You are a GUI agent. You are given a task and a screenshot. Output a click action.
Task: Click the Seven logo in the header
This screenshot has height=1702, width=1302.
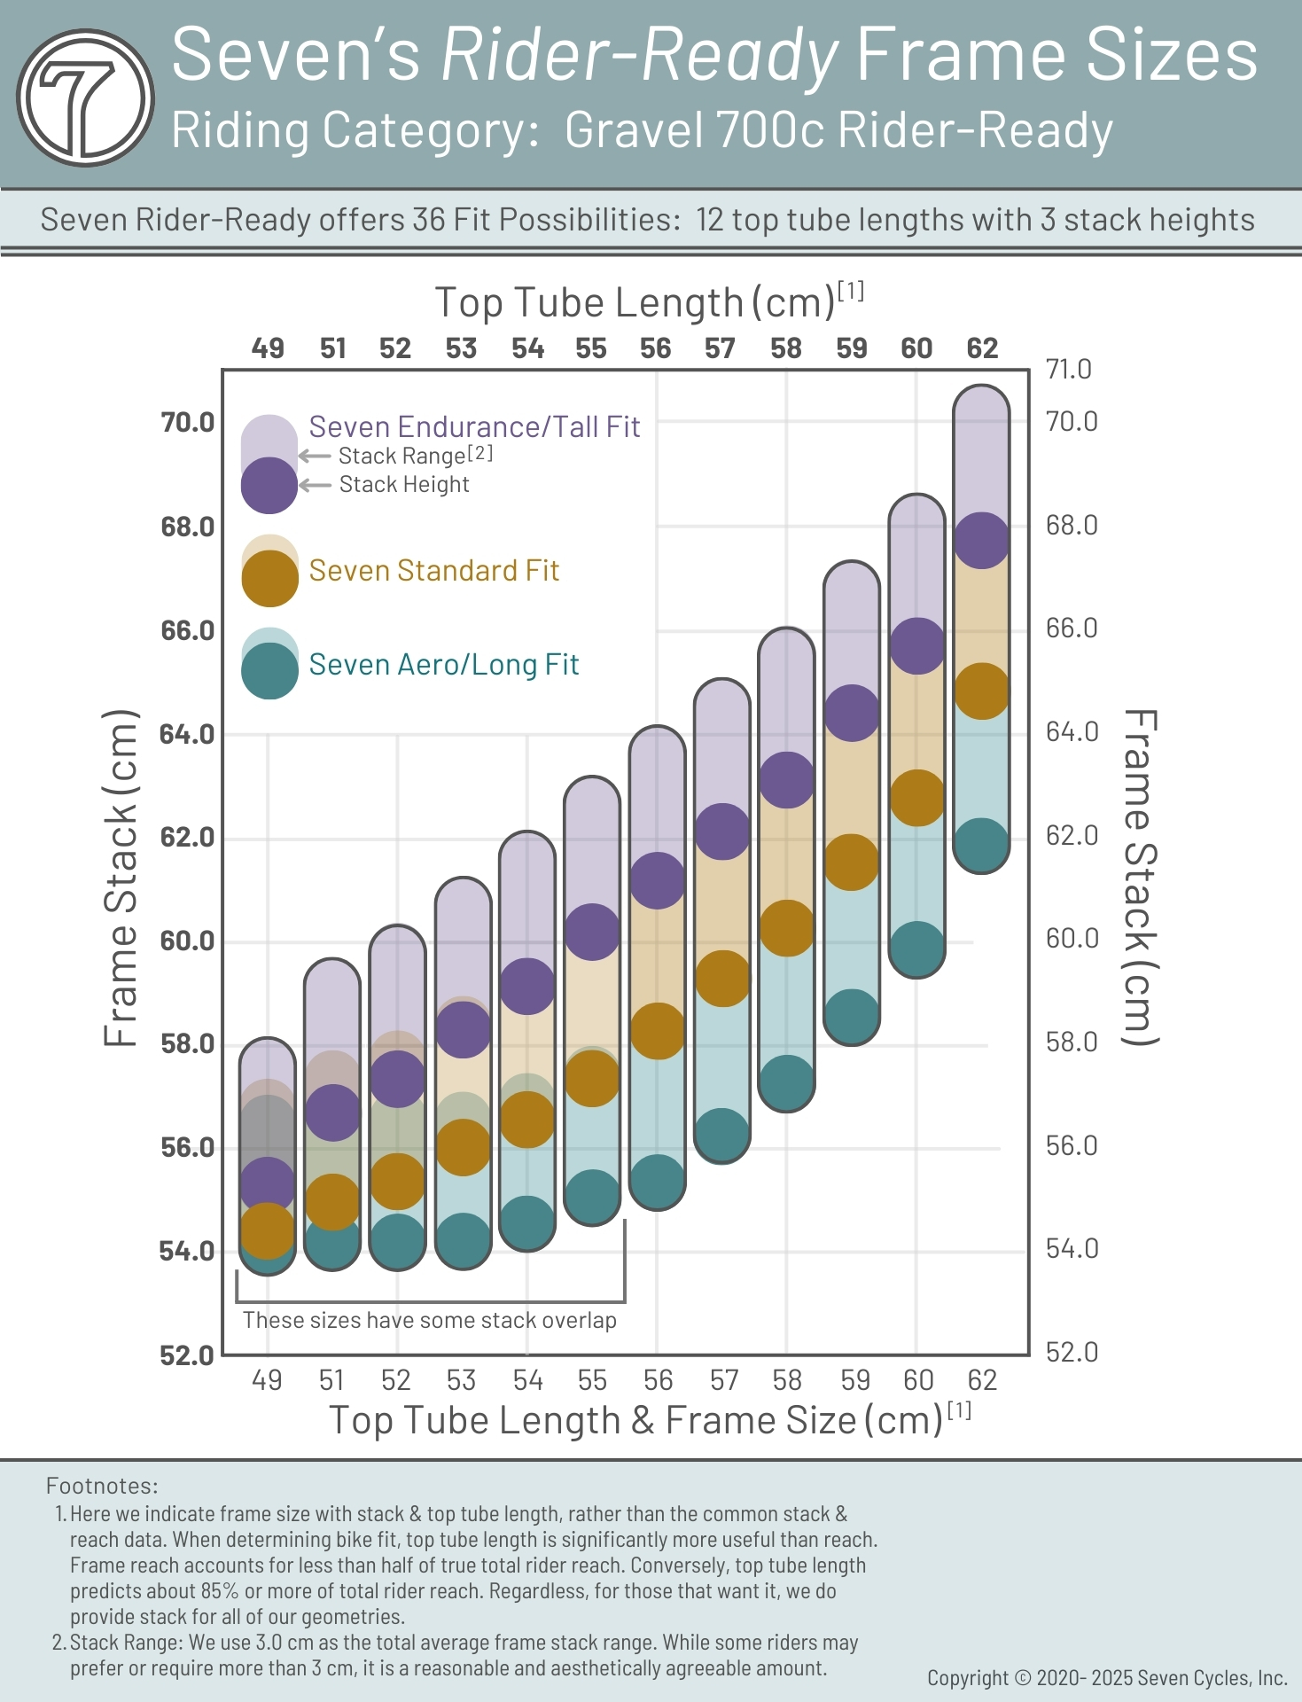[x=85, y=98]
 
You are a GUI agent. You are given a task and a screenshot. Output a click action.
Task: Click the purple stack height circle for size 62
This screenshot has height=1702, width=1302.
[x=981, y=541]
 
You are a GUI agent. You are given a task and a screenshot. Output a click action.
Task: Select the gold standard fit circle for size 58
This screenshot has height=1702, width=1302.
[x=786, y=928]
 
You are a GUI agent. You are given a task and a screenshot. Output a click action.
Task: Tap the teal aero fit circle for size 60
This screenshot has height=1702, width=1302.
[x=916, y=949]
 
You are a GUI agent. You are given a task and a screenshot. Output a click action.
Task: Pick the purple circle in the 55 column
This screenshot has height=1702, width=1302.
[x=591, y=932]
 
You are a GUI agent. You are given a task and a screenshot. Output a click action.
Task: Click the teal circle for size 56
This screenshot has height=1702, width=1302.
[x=657, y=1182]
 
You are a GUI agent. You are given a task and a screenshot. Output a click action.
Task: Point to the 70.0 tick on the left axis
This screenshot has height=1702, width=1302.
[x=187, y=423]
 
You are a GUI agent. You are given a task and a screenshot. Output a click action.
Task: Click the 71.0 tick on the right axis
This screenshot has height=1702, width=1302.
[x=1068, y=369]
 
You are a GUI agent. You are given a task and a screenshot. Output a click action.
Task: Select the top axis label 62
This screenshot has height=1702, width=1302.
[x=982, y=348]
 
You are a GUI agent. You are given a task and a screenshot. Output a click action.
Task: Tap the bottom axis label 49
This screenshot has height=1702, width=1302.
[x=267, y=1380]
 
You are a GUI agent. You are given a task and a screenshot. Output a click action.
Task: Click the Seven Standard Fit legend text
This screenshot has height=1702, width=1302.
[x=433, y=571]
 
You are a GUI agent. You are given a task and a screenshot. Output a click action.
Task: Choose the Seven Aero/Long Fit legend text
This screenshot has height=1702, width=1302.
[x=443, y=665]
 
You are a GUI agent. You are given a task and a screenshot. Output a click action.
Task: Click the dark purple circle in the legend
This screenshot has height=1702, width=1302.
[x=269, y=486]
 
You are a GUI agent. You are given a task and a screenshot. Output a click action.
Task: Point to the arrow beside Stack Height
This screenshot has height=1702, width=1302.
[x=315, y=485]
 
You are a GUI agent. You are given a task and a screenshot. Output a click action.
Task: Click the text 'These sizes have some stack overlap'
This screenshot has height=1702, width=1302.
[x=429, y=1320]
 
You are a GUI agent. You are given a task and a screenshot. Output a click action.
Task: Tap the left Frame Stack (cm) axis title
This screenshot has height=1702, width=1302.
[x=121, y=878]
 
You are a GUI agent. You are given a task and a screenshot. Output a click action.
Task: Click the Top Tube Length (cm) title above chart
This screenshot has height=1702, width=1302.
[x=635, y=303]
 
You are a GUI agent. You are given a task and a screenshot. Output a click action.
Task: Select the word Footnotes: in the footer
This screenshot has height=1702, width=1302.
[x=102, y=1486]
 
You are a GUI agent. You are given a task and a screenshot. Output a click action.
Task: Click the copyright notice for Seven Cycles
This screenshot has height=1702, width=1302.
[x=1106, y=1678]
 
